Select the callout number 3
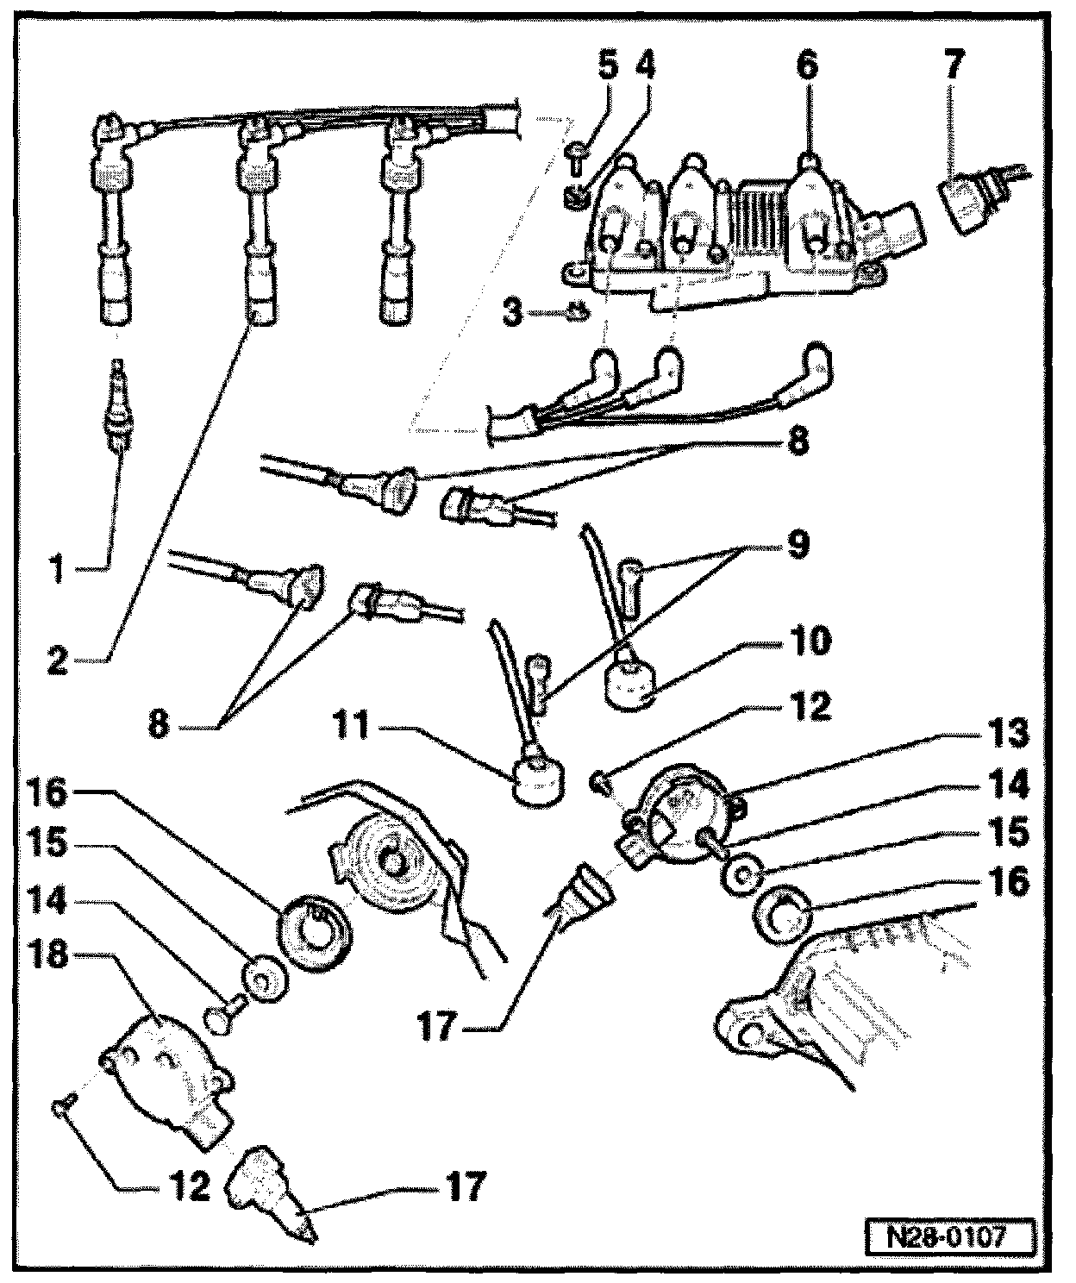(514, 311)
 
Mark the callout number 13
(1008, 734)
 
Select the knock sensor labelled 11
(537, 782)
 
